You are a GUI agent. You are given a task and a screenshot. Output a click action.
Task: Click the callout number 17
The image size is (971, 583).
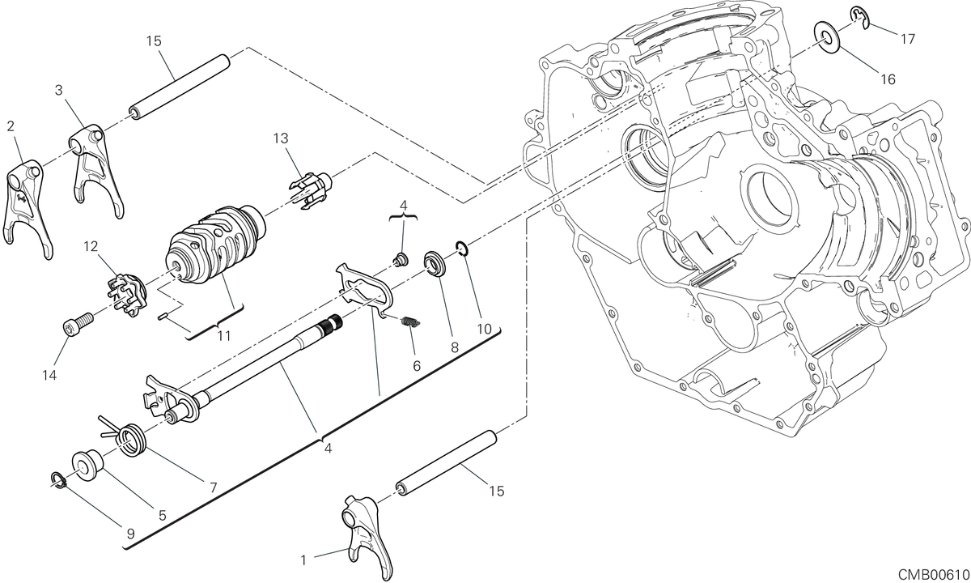[x=908, y=39]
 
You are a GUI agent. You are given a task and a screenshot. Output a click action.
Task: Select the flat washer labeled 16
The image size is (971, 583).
[x=828, y=38]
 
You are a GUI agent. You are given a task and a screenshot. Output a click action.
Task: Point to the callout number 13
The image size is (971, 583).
[x=281, y=138]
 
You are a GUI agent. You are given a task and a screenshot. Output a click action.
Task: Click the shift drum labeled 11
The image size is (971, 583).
[x=215, y=245]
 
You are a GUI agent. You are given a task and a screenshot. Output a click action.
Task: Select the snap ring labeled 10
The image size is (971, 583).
[x=462, y=249]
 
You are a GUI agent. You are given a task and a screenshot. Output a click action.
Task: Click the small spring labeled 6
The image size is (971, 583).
[x=411, y=323]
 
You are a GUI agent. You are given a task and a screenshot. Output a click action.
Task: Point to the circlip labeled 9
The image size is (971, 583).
[x=57, y=480]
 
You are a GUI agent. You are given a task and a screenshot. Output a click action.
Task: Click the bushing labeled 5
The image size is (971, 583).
[x=87, y=466]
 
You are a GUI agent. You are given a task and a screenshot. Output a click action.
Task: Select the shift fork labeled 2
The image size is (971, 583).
[x=28, y=209]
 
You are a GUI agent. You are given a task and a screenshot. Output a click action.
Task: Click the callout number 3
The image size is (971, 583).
[x=58, y=90]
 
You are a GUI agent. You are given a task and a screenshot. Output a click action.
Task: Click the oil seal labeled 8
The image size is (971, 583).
[x=435, y=263]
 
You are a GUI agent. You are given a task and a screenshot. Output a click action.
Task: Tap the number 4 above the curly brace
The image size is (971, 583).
[x=404, y=206]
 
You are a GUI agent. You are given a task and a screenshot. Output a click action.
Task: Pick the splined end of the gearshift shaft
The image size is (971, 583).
[x=333, y=323]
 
